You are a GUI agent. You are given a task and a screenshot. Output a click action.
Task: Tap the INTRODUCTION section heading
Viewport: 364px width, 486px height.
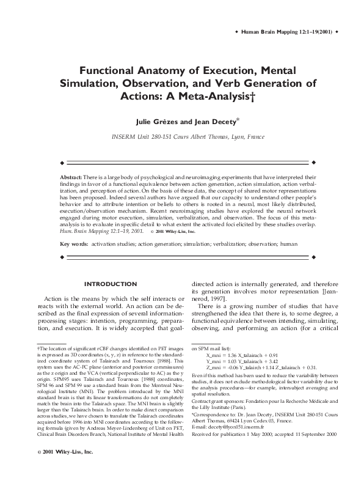[x=110, y=284]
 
